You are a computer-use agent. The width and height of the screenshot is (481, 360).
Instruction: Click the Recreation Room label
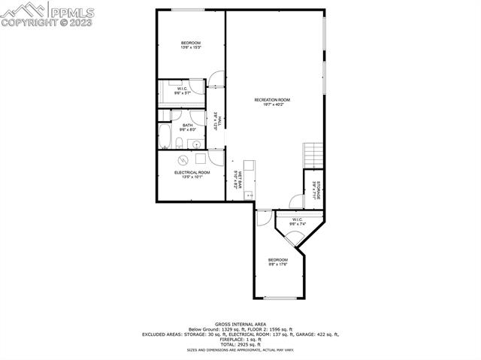click(x=272, y=102)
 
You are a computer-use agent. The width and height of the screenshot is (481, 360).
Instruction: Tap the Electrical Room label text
click(x=192, y=174)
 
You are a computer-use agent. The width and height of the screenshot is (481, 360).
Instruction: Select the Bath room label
click(x=187, y=127)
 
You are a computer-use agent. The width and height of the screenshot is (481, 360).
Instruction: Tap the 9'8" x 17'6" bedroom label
click(x=278, y=262)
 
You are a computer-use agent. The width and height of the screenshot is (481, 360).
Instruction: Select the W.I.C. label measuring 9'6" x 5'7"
click(x=183, y=91)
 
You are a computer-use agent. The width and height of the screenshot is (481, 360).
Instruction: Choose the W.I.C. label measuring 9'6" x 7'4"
click(x=298, y=222)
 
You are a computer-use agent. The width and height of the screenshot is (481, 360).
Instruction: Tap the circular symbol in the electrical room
click(x=183, y=159)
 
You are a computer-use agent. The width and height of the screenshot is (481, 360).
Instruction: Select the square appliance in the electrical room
click(x=201, y=158)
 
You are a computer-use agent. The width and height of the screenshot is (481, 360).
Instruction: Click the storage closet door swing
click(x=293, y=201)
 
